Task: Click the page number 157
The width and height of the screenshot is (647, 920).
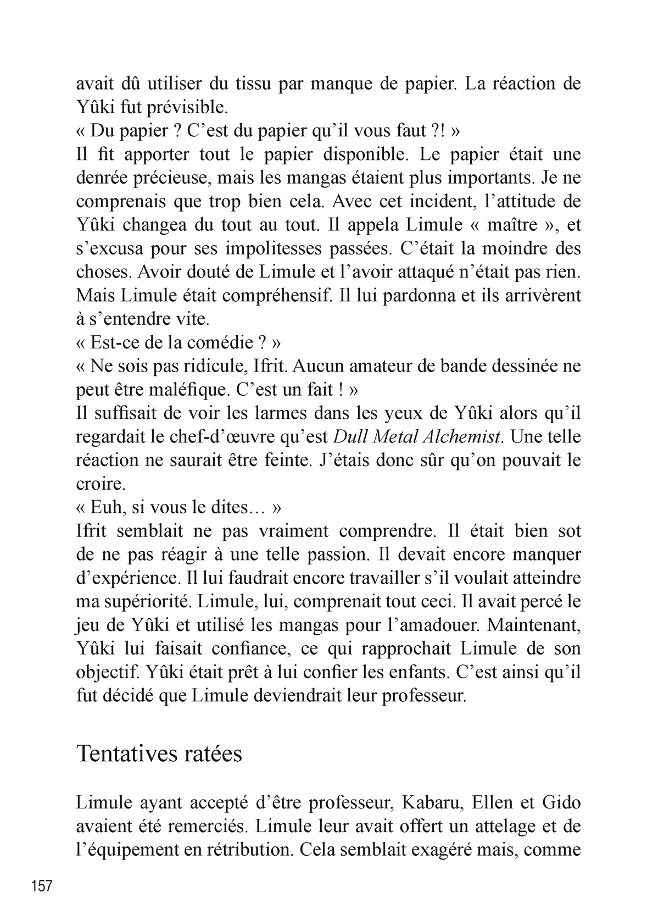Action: pos(42,886)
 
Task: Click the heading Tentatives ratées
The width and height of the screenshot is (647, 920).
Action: pos(159,753)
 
